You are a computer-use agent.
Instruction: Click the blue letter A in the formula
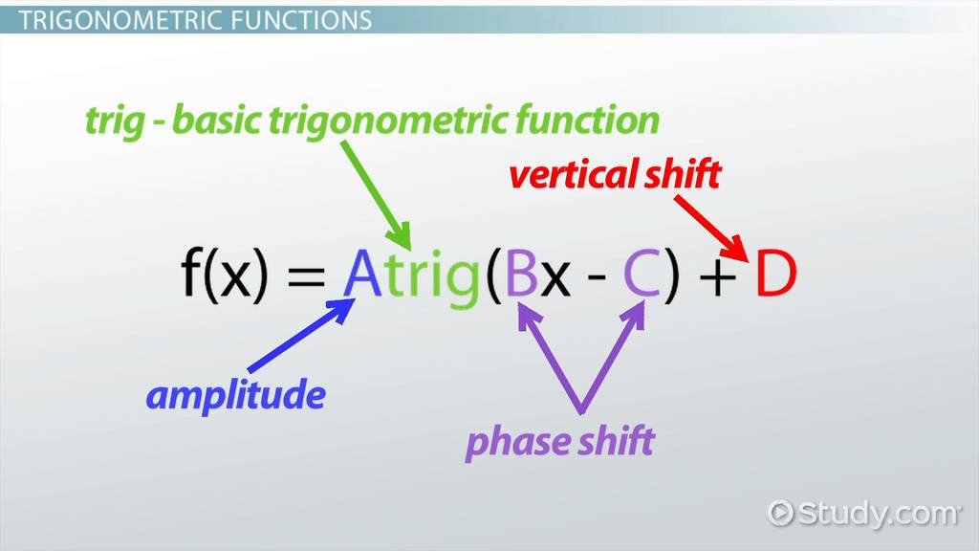pyautogui.click(x=362, y=273)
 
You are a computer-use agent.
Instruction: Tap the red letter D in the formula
pyautogui.click(x=776, y=273)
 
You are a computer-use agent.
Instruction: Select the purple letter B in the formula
pyautogui.click(x=521, y=273)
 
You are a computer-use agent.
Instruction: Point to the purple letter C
pyautogui.click(x=642, y=273)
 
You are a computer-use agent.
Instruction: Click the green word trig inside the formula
pyautogui.click(x=432, y=278)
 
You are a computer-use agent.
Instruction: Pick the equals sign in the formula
pyautogui.click(x=306, y=275)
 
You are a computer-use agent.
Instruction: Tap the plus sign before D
pyautogui.click(x=717, y=276)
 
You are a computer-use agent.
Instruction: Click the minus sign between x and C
pyautogui.click(x=597, y=275)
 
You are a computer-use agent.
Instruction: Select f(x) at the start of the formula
pyautogui.click(x=225, y=274)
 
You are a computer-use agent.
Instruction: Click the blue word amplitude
pyautogui.click(x=235, y=396)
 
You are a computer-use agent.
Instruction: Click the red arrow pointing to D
pyautogui.click(x=710, y=228)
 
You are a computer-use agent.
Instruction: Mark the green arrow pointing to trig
pyautogui.click(x=376, y=195)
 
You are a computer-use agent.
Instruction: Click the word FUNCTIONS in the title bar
pyautogui.click(x=301, y=21)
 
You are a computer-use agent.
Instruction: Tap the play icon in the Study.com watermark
pyautogui.click(x=780, y=513)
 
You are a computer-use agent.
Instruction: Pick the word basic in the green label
pyautogui.click(x=217, y=120)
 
